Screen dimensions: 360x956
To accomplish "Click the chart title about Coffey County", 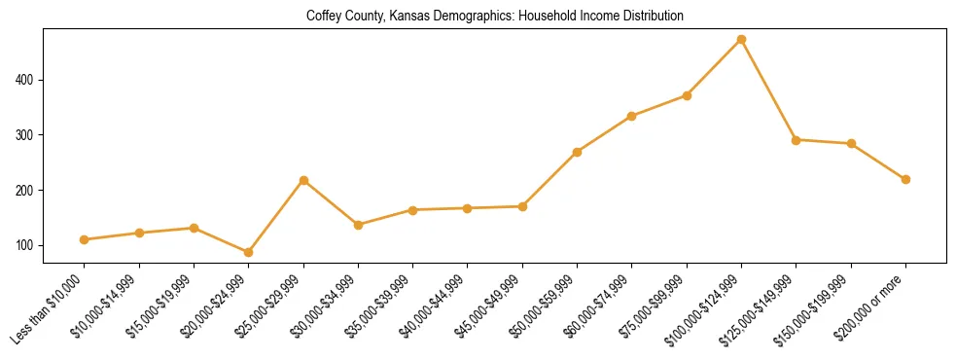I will point(495,16).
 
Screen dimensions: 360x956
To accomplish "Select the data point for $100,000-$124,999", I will point(741,40).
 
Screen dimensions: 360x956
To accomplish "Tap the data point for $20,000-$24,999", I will point(248,252).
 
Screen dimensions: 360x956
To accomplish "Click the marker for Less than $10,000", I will point(84,239).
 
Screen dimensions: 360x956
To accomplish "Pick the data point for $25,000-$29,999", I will point(303,180).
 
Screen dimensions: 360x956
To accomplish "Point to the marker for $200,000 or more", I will point(905,179).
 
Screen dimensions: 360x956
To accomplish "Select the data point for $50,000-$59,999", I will point(577,152).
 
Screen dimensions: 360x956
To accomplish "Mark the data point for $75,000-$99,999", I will point(687,95).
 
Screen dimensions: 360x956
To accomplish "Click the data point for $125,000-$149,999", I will point(796,140).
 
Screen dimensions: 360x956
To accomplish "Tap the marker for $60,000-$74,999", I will point(632,116).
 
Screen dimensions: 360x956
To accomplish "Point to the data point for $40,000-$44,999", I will point(467,208).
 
